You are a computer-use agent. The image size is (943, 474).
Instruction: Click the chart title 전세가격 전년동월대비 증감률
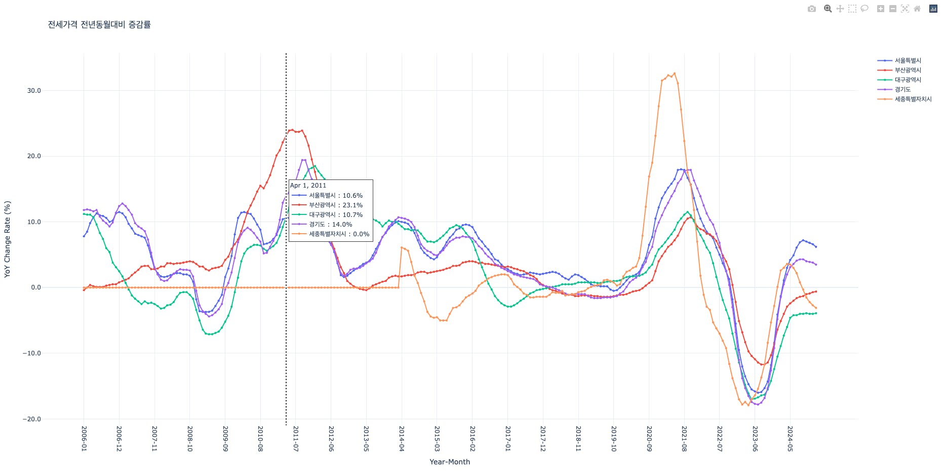click(x=99, y=24)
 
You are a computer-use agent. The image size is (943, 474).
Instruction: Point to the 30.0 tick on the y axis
click(x=34, y=91)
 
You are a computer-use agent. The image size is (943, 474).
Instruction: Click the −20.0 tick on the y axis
click(x=31, y=419)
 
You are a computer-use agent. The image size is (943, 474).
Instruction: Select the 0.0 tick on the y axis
click(x=36, y=287)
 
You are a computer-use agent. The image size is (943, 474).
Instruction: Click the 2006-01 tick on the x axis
click(x=84, y=439)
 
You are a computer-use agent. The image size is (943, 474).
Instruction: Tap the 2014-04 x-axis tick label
click(x=402, y=439)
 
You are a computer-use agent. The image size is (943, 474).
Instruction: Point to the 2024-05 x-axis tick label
click(x=790, y=439)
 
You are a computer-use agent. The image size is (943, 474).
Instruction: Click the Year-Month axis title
click(x=450, y=462)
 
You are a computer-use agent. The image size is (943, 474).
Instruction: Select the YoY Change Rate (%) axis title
click(x=7, y=239)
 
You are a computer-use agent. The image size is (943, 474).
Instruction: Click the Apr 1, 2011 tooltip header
click(x=308, y=186)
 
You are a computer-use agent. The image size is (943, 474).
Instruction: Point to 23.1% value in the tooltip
click(x=352, y=205)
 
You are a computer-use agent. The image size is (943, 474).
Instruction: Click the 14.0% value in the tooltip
click(x=342, y=225)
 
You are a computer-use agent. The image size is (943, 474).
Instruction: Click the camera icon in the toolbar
click(x=812, y=9)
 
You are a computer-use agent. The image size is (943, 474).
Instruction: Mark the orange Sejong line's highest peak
click(x=674, y=74)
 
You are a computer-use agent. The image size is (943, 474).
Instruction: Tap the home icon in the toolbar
click(x=917, y=9)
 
